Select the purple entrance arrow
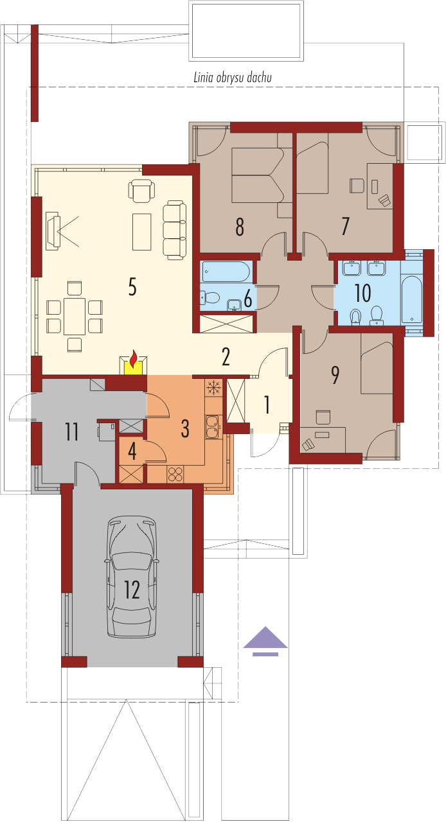265,641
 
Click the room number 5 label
132,286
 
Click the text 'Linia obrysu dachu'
233,78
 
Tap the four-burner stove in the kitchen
175,474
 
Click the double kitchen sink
213,426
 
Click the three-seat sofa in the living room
174,230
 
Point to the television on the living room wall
53,231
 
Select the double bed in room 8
258,175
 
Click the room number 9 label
335,375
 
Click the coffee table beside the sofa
142,231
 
